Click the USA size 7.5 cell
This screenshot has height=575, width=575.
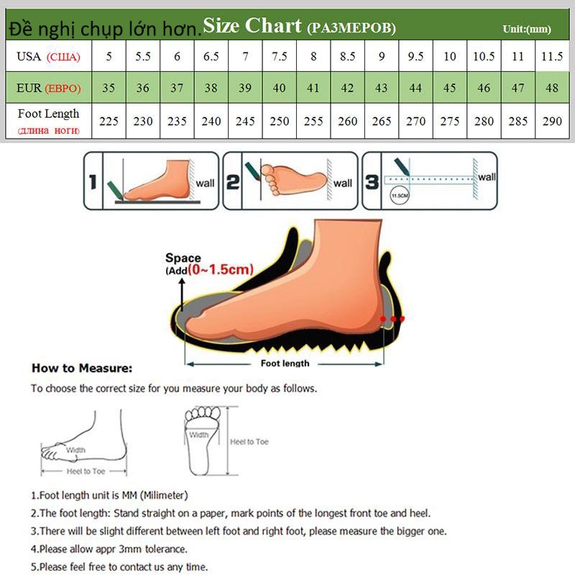(x=279, y=56)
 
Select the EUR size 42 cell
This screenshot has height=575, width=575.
(x=347, y=88)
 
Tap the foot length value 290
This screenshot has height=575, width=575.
(x=552, y=121)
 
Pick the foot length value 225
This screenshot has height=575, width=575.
(x=108, y=121)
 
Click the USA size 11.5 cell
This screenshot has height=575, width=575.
(x=552, y=56)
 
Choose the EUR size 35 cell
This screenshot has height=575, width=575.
(x=108, y=88)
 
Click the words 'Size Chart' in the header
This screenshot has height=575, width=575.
(x=252, y=26)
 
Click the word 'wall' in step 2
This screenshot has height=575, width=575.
(x=342, y=183)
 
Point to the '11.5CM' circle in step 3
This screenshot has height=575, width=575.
(x=397, y=195)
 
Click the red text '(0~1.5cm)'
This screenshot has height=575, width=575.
(x=221, y=270)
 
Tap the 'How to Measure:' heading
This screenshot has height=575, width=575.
(x=82, y=368)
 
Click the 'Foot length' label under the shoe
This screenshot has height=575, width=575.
(x=285, y=363)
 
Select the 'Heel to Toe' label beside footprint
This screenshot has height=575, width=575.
(x=249, y=441)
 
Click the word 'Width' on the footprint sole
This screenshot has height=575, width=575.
(x=199, y=435)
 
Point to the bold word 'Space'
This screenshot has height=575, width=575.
(x=183, y=258)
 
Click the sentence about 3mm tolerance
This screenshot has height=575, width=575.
(x=109, y=548)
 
